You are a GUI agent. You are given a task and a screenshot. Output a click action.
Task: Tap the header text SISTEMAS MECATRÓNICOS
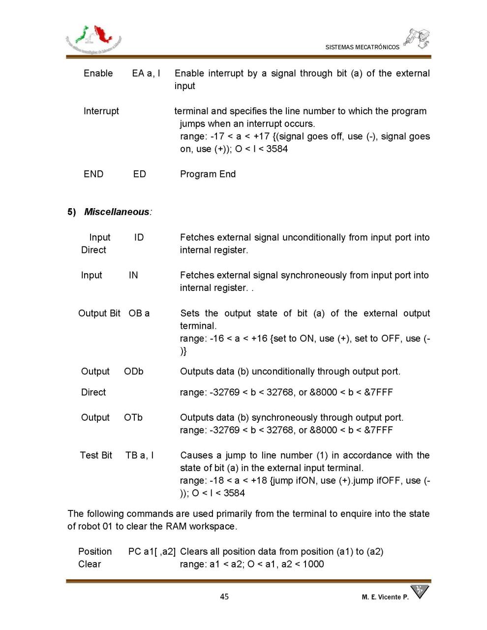point(362,47)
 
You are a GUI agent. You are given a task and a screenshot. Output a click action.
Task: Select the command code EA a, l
point(146,73)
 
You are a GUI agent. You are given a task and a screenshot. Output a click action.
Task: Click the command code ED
point(139,174)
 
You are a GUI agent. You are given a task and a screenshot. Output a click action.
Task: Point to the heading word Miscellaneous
point(117,212)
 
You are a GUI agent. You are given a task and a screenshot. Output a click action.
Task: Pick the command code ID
point(139,237)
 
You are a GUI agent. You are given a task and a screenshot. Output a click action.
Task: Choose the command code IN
point(133,275)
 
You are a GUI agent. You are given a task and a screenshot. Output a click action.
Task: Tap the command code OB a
point(139,313)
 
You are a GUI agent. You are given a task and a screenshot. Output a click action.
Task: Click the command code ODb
point(134,372)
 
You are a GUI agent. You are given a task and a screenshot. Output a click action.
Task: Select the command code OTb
point(133,417)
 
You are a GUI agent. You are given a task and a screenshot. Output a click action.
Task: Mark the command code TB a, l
point(139,455)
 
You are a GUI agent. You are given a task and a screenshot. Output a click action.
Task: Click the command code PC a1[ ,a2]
point(152,551)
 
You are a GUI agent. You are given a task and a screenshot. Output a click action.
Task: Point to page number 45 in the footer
point(224,597)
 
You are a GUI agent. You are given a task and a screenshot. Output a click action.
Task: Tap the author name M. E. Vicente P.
point(385,597)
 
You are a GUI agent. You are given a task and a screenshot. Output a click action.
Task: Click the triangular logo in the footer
point(419,591)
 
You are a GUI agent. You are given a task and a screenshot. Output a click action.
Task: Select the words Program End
point(208,174)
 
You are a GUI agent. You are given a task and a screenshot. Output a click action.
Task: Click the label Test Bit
point(96,455)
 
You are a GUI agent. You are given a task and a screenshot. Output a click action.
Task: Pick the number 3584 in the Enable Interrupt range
point(277,149)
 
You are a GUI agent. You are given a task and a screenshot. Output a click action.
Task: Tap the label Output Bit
point(99,313)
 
